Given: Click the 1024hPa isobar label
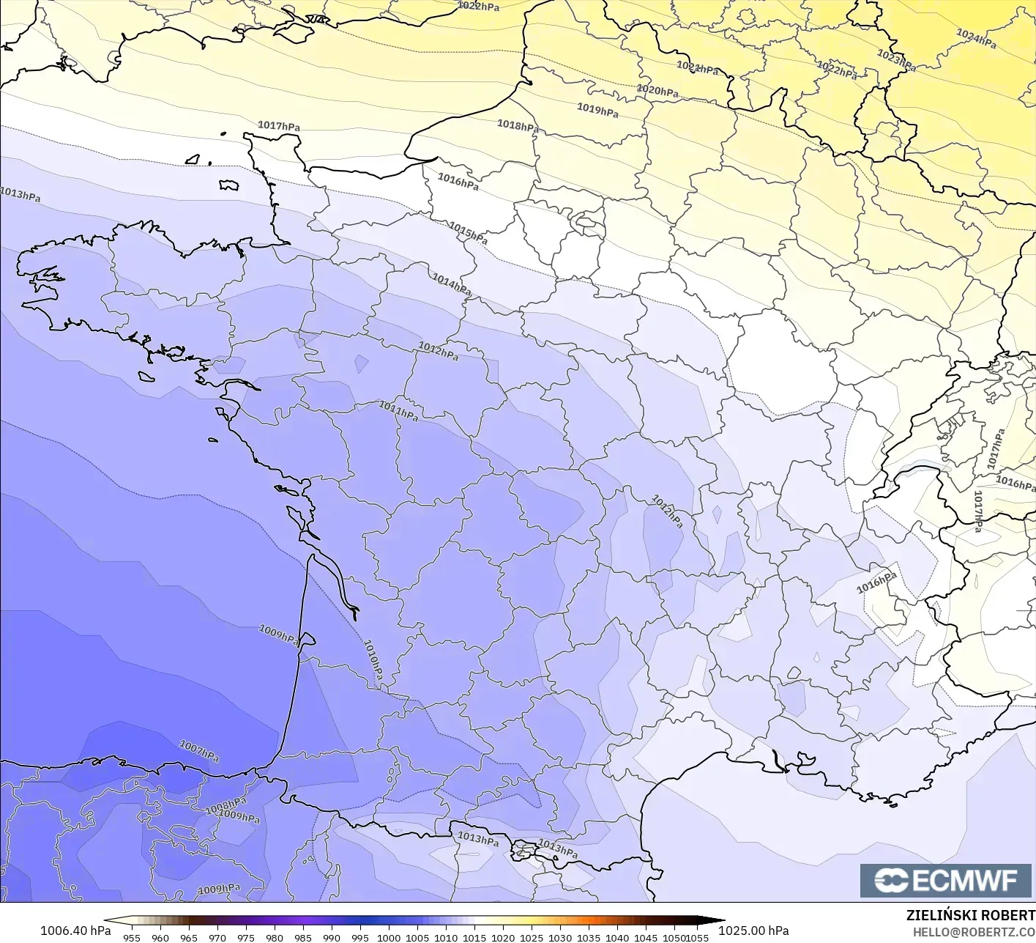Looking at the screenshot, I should (x=976, y=38).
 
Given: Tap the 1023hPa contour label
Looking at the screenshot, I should (x=896, y=60).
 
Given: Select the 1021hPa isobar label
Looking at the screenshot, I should (x=697, y=68).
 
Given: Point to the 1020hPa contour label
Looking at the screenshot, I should (x=657, y=91).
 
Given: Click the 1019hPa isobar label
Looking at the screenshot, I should (x=597, y=110).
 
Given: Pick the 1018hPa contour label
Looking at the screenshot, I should (x=518, y=125).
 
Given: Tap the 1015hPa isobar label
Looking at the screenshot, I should (x=468, y=233).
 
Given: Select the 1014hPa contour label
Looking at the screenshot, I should (x=451, y=284).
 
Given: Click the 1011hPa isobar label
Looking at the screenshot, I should (x=398, y=411).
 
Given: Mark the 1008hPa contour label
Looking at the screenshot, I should (x=226, y=807).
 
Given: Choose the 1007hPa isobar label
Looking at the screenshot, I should (x=199, y=750).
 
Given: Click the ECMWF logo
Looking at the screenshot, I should (x=947, y=880).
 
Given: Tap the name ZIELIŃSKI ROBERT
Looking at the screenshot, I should (x=970, y=915).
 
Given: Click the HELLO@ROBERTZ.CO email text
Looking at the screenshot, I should (x=974, y=931).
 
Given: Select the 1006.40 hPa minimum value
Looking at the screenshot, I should (x=75, y=931).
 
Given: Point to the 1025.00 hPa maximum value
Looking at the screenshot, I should (x=753, y=931).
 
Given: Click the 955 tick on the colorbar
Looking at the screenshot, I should (x=132, y=937).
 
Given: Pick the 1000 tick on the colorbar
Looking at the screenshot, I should (x=389, y=937).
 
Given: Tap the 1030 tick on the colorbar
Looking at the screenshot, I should (x=560, y=937).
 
